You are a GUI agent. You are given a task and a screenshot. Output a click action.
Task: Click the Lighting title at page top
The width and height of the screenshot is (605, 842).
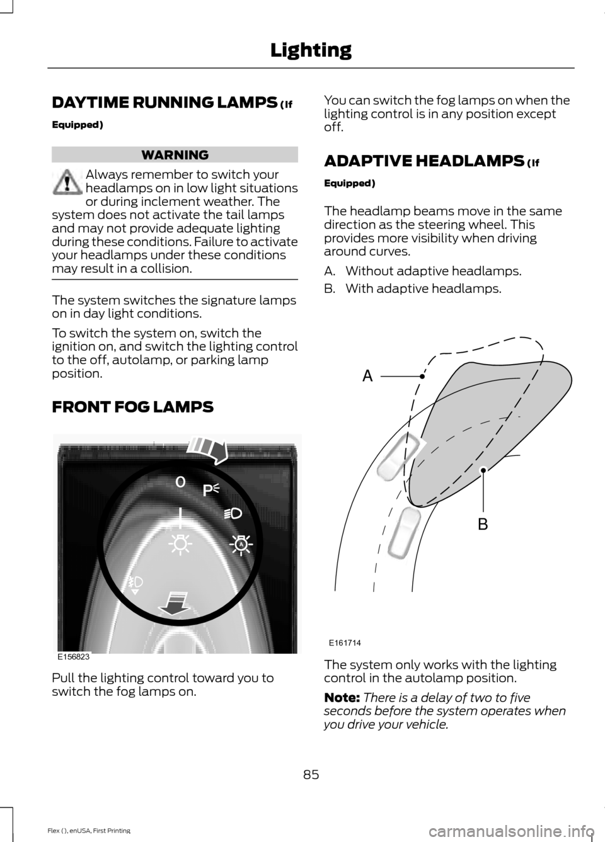pos(311,50)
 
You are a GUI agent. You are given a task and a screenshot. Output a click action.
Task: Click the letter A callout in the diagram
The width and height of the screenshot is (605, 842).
pos(367,377)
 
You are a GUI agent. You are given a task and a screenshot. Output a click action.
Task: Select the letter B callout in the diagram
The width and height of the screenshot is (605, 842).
pos(483,524)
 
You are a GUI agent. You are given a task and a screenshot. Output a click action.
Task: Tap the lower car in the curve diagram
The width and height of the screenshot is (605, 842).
pos(404,532)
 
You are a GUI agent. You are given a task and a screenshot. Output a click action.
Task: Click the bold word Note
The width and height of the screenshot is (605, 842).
pos(342,697)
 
